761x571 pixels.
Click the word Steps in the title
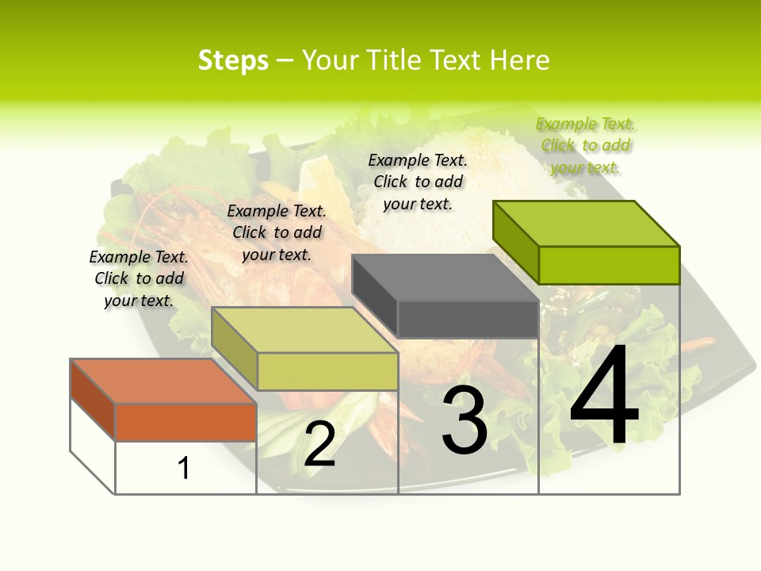pyautogui.click(x=233, y=60)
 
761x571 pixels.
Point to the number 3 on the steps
pyautogui.click(x=465, y=420)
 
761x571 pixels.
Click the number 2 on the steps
pyautogui.click(x=319, y=444)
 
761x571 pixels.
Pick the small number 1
pyautogui.click(x=184, y=469)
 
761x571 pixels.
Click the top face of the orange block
pyautogui.click(x=163, y=381)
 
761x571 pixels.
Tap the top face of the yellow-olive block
pyautogui.click(x=304, y=330)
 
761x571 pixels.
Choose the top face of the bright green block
pyautogui.click(x=587, y=223)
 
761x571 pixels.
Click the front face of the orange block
pyautogui.click(x=185, y=422)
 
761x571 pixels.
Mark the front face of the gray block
pyautogui.click(x=468, y=320)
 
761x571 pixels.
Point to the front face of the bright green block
pyautogui.click(x=609, y=265)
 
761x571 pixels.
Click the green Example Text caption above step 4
pyautogui.click(x=586, y=145)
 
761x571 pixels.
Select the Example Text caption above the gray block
pyautogui.click(x=418, y=182)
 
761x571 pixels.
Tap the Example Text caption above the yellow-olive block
pyautogui.click(x=277, y=232)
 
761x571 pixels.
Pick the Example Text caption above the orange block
pyautogui.click(x=139, y=278)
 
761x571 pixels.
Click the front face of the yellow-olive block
pyautogui.click(x=327, y=371)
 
